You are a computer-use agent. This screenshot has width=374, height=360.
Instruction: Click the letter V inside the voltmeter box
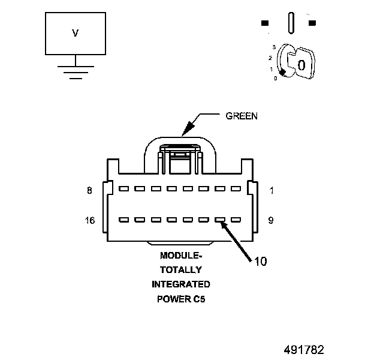tap(76, 34)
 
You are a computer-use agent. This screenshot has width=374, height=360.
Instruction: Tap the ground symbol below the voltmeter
tap(75, 72)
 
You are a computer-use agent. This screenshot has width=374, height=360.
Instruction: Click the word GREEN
tap(242, 116)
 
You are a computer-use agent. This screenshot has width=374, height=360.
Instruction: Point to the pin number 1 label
tap(271, 191)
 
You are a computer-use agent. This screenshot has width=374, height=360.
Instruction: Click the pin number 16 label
tap(91, 220)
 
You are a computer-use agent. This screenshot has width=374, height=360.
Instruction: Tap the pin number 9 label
tap(271, 220)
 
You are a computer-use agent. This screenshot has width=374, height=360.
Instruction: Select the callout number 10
tap(261, 261)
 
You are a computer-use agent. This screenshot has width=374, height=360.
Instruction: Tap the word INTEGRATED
tap(181, 284)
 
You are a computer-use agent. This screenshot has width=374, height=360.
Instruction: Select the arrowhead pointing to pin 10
tap(224, 225)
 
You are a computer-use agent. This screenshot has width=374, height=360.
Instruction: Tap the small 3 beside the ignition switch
tap(273, 47)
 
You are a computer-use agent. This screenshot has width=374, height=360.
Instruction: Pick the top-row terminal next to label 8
tap(124, 188)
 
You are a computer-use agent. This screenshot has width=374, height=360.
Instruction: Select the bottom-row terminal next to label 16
tap(124, 220)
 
